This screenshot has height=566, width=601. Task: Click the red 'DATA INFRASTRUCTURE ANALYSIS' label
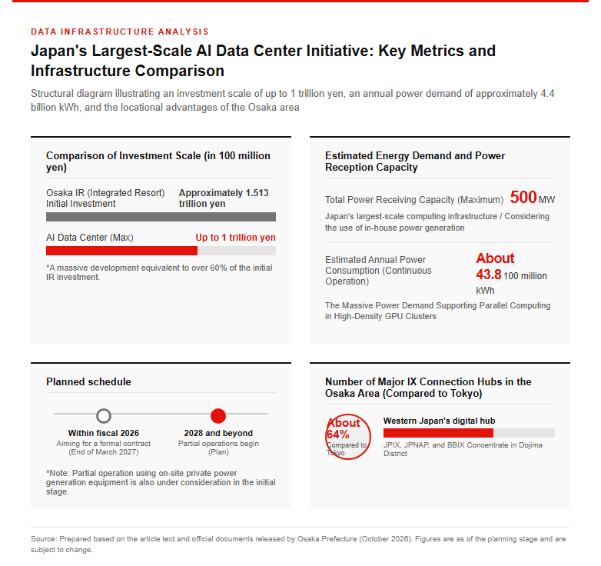coord(120,32)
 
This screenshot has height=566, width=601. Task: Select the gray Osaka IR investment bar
coord(161,217)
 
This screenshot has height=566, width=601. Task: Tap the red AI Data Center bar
coord(121,251)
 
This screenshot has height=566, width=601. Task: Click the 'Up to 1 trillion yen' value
coord(235,238)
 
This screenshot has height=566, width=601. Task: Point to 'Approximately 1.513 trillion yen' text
coord(224,198)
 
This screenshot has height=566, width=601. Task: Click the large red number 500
coord(523,197)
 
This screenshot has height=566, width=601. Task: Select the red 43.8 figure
coord(489,275)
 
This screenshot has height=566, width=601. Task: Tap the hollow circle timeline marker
coord(104,416)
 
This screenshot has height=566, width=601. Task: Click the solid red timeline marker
coord(218,416)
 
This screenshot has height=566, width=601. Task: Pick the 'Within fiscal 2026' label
coord(104,433)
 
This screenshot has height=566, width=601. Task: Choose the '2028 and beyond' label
coord(218,433)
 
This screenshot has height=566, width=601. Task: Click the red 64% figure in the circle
coord(337,434)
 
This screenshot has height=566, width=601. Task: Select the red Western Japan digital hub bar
coord(438,433)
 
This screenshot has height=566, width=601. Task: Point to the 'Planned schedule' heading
coord(88,381)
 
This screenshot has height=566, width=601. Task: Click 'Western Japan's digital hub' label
coord(440,421)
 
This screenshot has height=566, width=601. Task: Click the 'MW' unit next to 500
coord(546,200)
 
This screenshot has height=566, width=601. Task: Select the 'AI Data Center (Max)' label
coord(90,238)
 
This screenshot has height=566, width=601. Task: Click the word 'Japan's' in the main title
coord(58,52)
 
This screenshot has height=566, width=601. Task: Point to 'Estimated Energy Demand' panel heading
coord(415,161)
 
